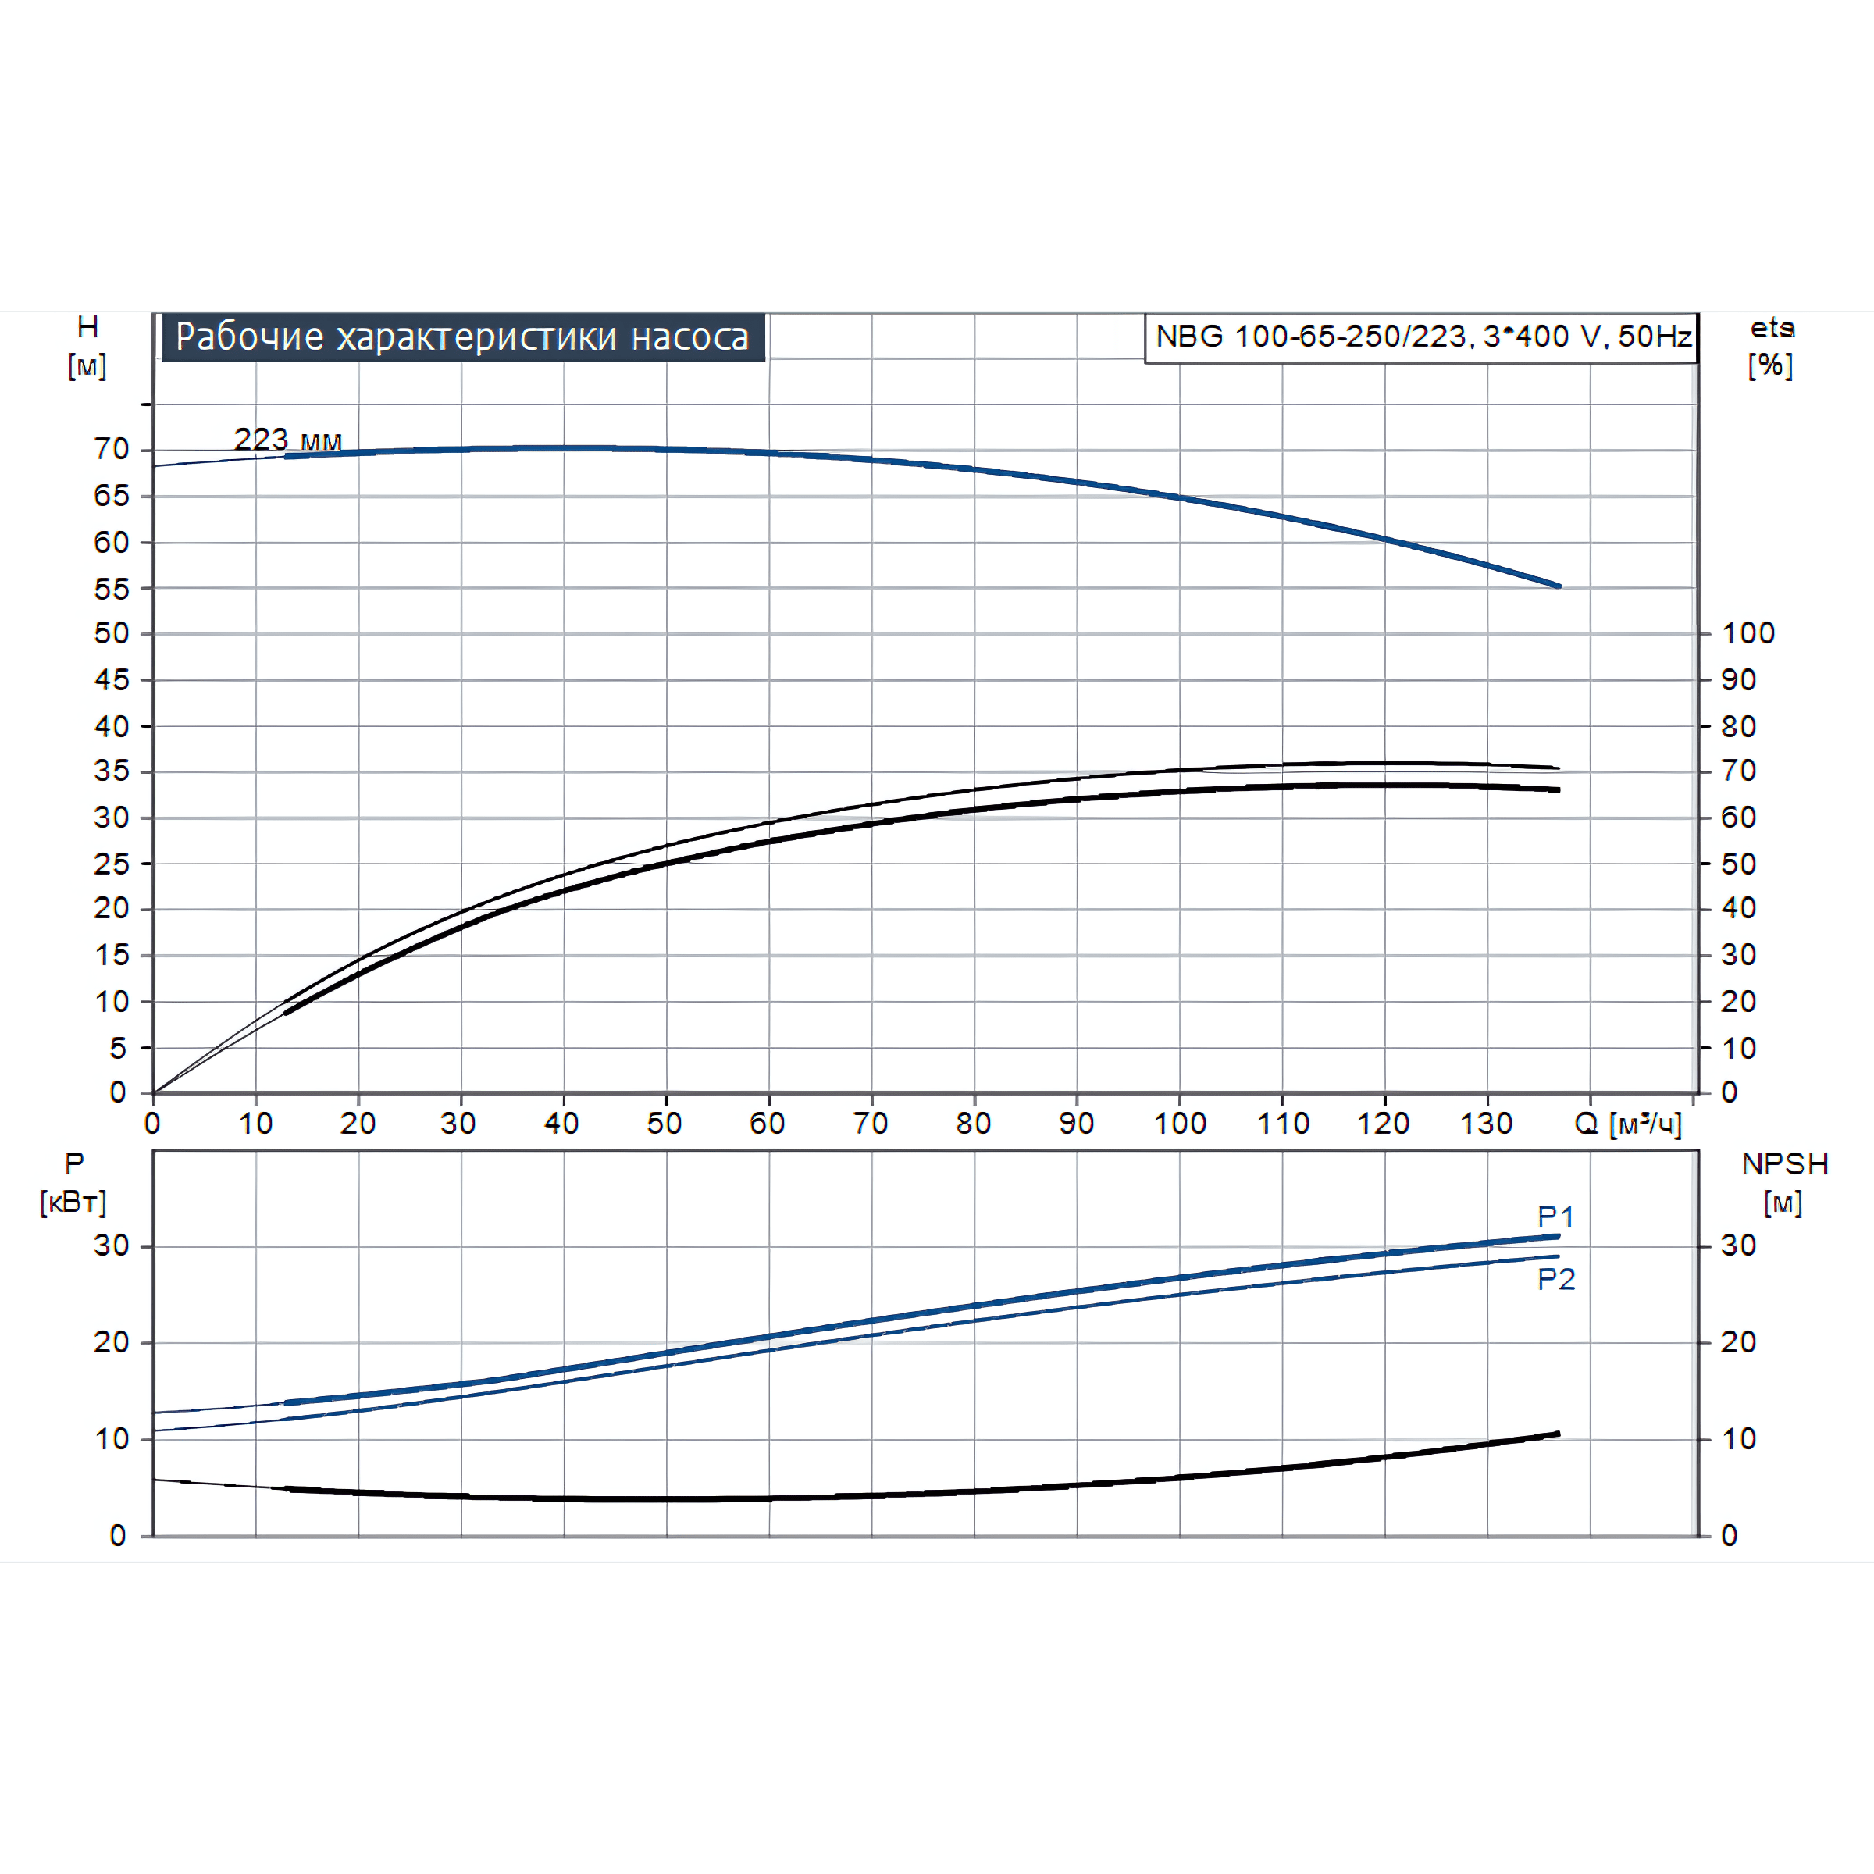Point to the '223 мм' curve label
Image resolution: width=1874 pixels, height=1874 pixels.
[288, 440]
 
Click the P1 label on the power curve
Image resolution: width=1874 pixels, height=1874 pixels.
[1556, 1217]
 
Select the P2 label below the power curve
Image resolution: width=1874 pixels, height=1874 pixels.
[1556, 1280]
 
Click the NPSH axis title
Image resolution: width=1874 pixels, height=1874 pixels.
[1785, 1164]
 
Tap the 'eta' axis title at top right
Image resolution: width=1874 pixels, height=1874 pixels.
[1771, 329]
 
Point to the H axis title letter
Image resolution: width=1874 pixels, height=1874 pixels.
[87, 327]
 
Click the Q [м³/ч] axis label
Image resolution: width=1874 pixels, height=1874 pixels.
[1627, 1124]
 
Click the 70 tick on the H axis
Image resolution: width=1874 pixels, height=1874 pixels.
[112, 449]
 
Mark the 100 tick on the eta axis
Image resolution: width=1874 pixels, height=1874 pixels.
[1748, 633]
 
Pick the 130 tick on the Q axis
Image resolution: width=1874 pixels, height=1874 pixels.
[1486, 1124]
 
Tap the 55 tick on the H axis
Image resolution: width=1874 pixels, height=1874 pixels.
[112, 589]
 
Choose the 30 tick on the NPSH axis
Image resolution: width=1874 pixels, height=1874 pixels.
[1738, 1245]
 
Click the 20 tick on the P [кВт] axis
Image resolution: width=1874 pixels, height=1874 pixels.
[112, 1342]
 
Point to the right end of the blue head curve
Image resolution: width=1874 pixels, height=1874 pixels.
[1559, 586]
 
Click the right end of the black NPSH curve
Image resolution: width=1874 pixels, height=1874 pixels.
[1558, 1434]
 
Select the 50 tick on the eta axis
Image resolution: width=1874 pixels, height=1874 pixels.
[1738, 864]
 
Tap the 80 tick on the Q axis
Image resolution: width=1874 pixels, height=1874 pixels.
[973, 1124]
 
